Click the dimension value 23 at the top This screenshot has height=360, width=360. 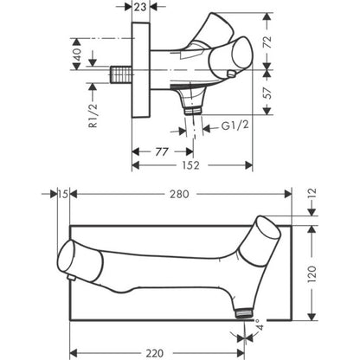[141, 7]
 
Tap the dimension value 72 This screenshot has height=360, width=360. [268, 42]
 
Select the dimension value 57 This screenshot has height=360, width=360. [268, 93]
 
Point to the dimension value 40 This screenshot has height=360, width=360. [77, 54]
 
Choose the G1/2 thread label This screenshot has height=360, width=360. [235, 125]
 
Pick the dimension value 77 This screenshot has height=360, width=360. [162, 151]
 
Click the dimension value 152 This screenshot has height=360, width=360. [190, 165]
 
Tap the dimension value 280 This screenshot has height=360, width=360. [179, 194]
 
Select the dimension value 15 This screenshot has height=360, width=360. [63, 194]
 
